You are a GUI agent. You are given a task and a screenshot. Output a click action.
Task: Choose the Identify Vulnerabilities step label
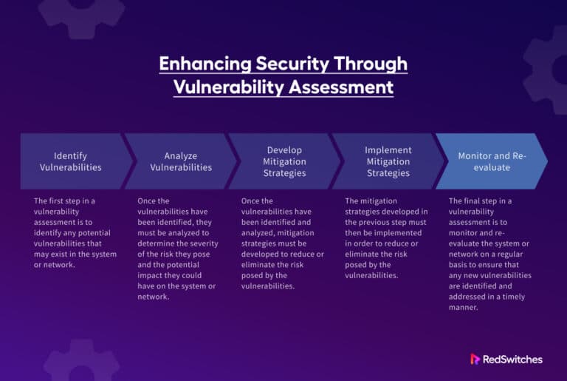coord(71,161)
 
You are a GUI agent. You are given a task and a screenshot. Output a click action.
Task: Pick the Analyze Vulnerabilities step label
coord(181,161)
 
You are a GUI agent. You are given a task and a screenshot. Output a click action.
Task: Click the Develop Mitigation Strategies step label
coord(284,161)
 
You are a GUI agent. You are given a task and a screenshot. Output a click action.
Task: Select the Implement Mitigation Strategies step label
coord(388,161)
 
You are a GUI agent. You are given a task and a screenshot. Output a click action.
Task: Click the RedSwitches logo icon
coord(475,359)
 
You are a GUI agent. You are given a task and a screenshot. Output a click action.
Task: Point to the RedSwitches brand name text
coord(514,359)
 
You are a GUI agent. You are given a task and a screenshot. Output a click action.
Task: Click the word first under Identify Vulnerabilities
coord(58,200)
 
